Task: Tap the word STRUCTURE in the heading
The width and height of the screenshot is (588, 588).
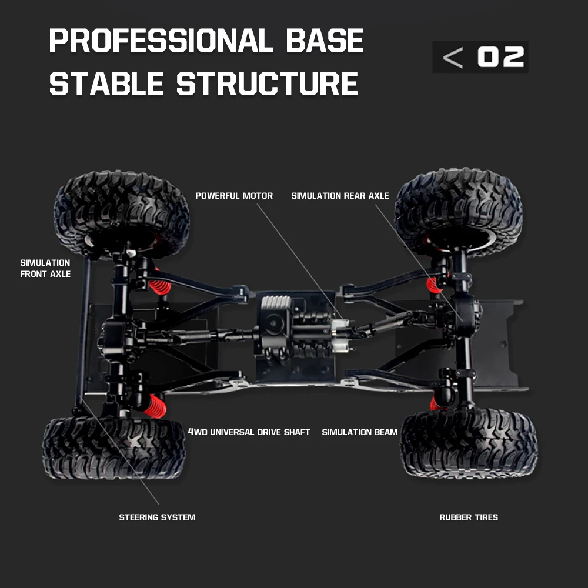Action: [267, 83]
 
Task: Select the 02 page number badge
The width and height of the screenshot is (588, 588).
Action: [500, 57]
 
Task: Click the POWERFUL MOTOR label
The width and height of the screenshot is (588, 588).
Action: [234, 196]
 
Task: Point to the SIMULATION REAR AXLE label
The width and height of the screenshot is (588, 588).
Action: [340, 196]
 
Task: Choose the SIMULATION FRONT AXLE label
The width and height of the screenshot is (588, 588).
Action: [45, 268]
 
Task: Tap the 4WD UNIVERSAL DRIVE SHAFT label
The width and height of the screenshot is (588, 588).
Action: [249, 432]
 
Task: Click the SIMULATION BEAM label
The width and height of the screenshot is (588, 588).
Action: [360, 432]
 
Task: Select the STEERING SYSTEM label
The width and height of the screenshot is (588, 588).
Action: [157, 517]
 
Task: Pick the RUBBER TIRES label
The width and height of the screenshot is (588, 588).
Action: [469, 517]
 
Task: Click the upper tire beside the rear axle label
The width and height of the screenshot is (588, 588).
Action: [458, 209]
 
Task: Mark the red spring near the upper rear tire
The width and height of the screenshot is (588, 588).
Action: [433, 285]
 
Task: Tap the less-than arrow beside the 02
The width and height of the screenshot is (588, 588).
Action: [453, 57]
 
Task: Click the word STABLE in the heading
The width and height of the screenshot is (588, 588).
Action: [106, 83]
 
